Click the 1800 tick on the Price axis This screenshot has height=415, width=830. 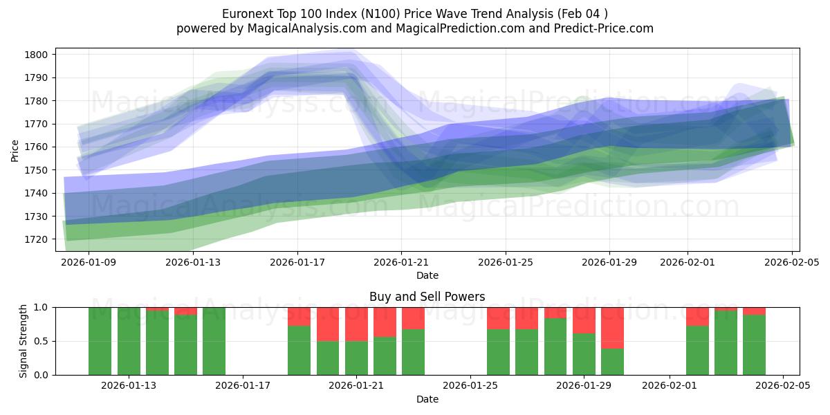coord(37,55)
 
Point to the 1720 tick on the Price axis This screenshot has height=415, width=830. coord(37,239)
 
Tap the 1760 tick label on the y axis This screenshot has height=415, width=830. coord(37,147)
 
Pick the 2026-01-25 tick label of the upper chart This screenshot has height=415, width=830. coord(505,262)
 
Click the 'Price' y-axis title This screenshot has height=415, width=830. coord(15,149)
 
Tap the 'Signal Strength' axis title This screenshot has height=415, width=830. coord(24,340)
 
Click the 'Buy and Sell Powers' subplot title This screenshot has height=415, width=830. coord(427,297)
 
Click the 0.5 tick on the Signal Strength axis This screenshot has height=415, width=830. coord(43,341)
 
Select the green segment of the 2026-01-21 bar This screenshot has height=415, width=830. coord(356,358)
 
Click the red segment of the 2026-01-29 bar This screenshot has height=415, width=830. coord(584,320)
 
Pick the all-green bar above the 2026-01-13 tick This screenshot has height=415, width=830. coord(129,341)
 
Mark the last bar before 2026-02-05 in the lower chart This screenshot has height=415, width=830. coord(754,344)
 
